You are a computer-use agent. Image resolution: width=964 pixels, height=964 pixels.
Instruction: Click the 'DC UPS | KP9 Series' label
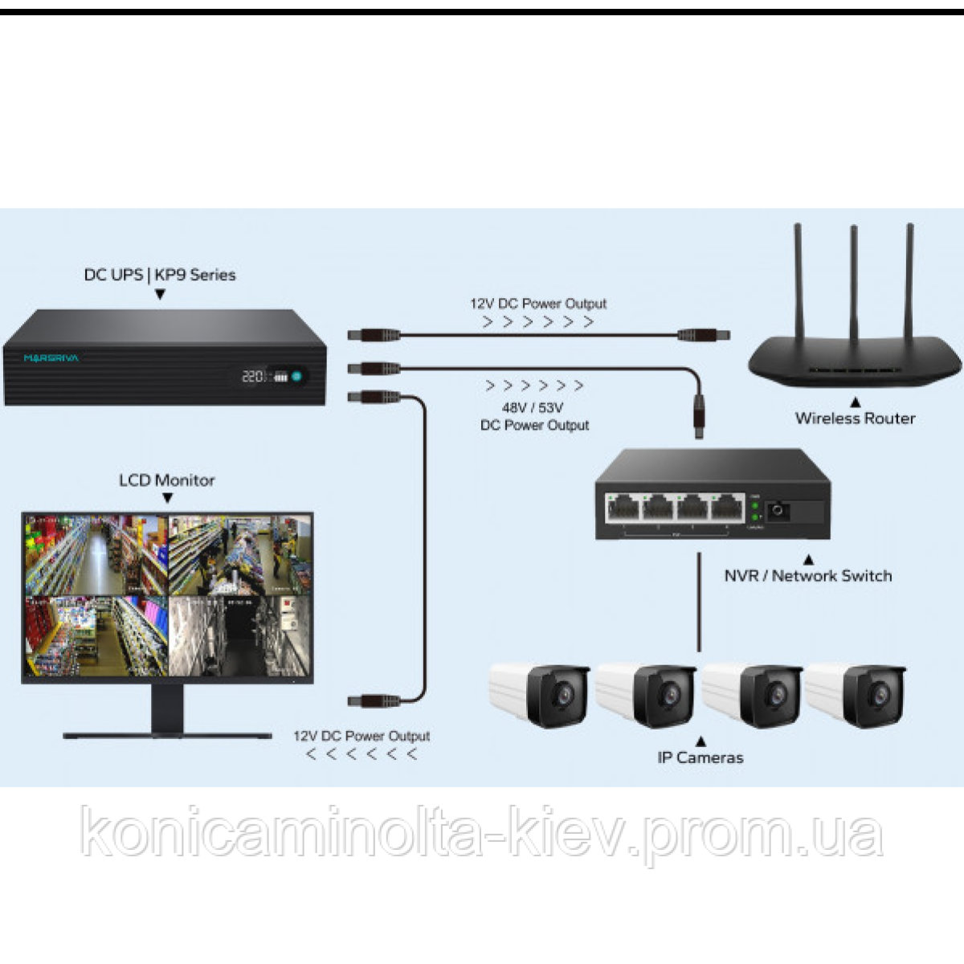pyautogui.click(x=160, y=275)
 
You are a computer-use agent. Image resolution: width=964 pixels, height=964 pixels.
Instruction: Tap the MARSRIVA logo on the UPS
pyautogui.click(x=51, y=357)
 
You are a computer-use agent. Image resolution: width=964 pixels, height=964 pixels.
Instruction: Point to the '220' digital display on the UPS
pyautogui.click(x=253, y=375)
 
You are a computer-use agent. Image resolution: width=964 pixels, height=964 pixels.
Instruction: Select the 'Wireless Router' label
pyautogui.click(x=855, y=418)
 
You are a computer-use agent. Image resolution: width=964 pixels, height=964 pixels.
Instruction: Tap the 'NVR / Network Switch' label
pyautogui.click(x=807, y=575)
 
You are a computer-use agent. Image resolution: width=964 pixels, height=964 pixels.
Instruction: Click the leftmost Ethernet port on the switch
pyautogui.click(x=624, y=508)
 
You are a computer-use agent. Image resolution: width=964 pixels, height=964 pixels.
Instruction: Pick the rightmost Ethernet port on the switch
pyautogui.click(x=726, y=508)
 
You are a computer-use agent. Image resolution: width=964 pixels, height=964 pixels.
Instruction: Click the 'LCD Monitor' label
pyautogui.click(x=167, y=480)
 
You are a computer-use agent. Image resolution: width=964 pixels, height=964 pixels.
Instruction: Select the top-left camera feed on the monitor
pyautogui.click(x=96, y=554)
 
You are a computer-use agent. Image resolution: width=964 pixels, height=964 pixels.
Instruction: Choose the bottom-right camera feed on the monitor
pyautogui.click(x=239, y=637)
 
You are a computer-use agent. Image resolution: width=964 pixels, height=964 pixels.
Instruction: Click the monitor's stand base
pyautogui.click(x=167, y=733)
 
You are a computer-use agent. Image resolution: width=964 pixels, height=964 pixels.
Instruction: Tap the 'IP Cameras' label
pyautogui.click(x=701, y=757)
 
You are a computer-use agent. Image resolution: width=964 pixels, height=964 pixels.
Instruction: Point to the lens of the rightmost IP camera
pyautogui.click(x=880, y=692)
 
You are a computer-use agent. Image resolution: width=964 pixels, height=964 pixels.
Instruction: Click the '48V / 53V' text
pyautogui.click(x=533, y=407)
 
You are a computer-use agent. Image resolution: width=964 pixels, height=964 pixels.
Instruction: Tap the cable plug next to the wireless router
pyautogui.click(x=703, y=334)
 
